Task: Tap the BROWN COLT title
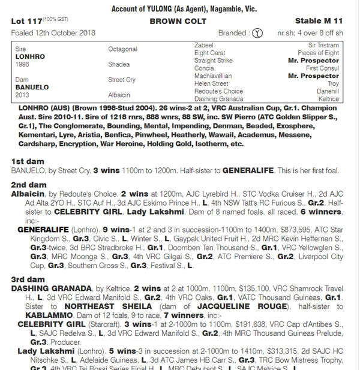point(178,21)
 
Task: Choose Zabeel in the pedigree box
point(204,45)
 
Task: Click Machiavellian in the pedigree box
point(214,76)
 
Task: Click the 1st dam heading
point(27,163)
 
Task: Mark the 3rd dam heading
point(28,279)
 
